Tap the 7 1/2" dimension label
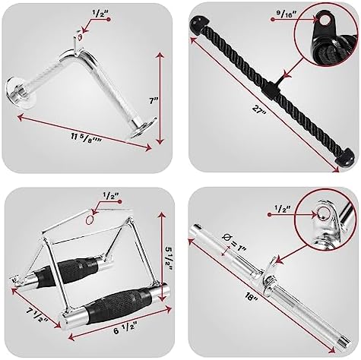pyautogui.click(x=28, y=311)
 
